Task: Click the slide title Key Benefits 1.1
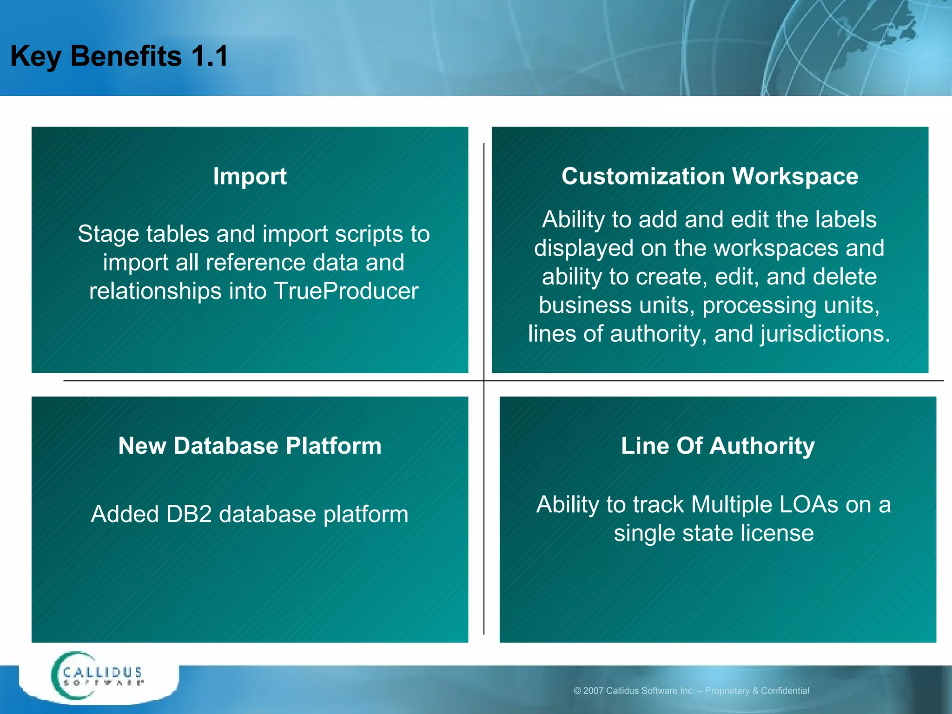click(x=119, y=56)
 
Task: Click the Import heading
click(x=250, y=177)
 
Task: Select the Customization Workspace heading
click(x=709, y=177)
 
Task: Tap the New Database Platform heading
click(x=250, y=446)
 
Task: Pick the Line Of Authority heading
click(x=717, y=446)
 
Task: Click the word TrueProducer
click(x=346, y=291)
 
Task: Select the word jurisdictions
click(x=825, y=334)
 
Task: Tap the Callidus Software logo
click(x=98, y=676)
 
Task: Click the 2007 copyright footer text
click(x=691, y=691)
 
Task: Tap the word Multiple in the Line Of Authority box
click(x=731, y=505)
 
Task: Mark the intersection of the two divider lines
click(x=484, y=381)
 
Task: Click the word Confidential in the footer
click(x=785, y=691)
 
